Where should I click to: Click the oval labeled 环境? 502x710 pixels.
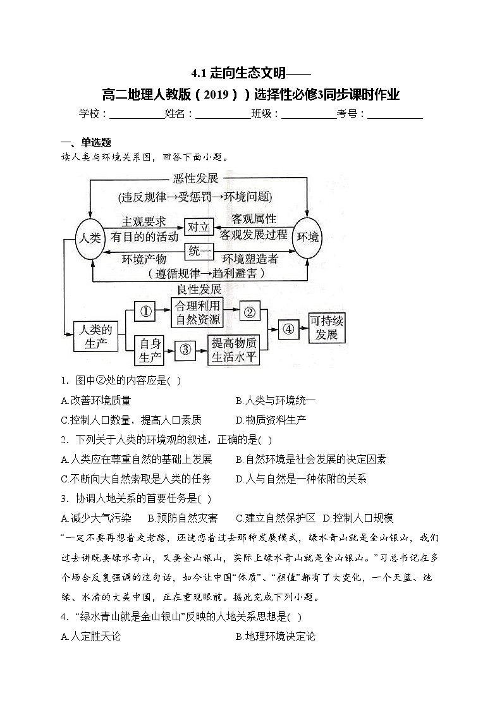(x=308, y=238)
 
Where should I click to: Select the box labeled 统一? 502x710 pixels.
(x=199, y=251)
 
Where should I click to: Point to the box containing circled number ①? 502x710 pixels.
(x=145, y=311)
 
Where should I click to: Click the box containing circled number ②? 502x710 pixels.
(x=250, y=312)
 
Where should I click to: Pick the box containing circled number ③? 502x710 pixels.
(x=185, y=350)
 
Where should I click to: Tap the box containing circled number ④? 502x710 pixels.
(x=288, y=328)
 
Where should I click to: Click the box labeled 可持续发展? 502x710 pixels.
(x=326, y=327)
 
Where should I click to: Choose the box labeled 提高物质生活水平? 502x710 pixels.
(x=234, y=350)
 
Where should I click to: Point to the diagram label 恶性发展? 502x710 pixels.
(x=195, y=179)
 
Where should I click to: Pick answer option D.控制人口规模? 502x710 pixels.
(x=358, y=518)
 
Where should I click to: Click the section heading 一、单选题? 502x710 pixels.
(x=86, y=142)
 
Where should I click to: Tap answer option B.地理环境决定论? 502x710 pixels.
(x=275, y=636)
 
